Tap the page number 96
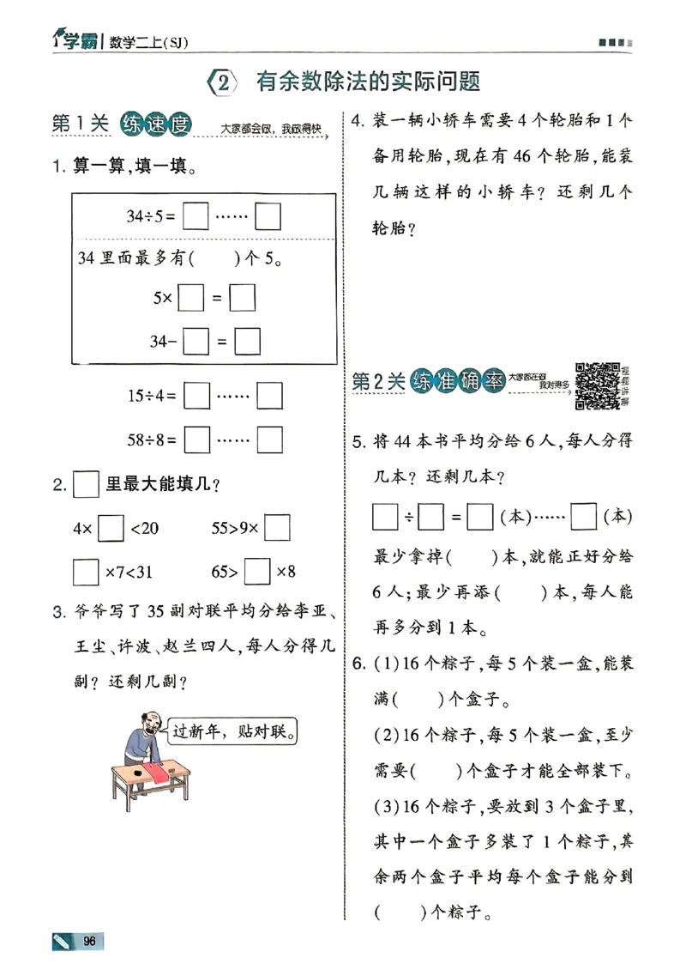[x=88, y=941]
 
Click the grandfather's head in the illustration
[x=147, y=723]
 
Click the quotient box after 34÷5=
[x=196, y=216]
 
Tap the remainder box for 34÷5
[x=269, y=216]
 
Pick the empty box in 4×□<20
[x=111, y=527]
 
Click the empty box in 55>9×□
[x=277, y=527]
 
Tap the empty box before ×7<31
[x=86, y=571]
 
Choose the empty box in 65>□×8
[x=257, y=571]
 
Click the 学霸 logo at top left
[x=72, y=39]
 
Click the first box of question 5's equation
[x=386, y=517]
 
